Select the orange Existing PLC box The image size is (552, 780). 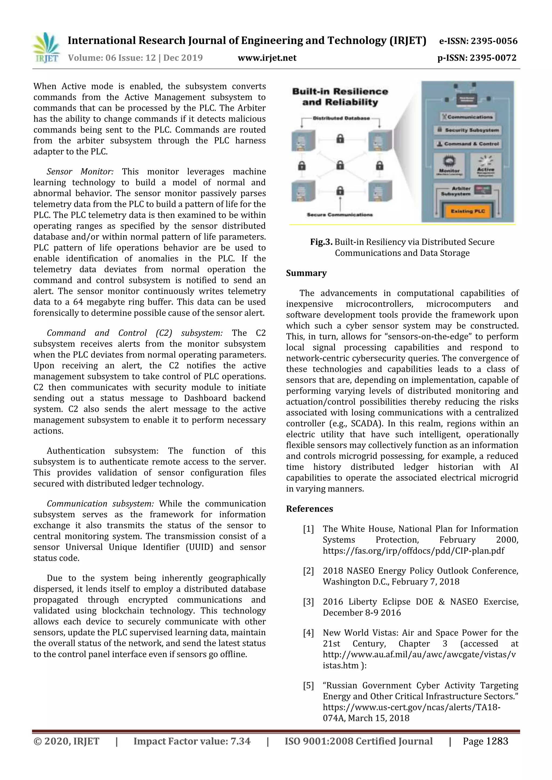467,211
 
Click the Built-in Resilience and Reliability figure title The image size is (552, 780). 340,97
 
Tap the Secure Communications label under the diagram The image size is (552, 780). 340,215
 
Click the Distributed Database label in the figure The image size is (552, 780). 341,118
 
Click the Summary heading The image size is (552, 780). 306,273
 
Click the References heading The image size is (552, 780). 309,509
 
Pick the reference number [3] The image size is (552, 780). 308,602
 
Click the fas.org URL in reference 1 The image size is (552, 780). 413,551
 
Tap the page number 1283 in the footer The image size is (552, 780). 497,741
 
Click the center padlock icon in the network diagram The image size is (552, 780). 340,165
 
